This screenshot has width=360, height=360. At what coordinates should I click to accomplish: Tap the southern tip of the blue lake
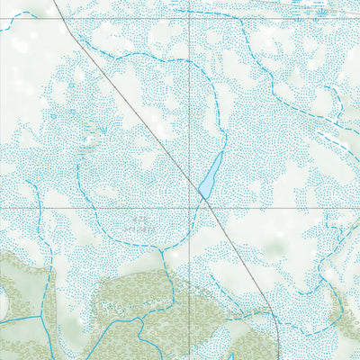[204, 197]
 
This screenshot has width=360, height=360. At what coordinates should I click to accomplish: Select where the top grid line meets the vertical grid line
[191, 18]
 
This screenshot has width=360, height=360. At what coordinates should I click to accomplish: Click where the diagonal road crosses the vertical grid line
[191, 180]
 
